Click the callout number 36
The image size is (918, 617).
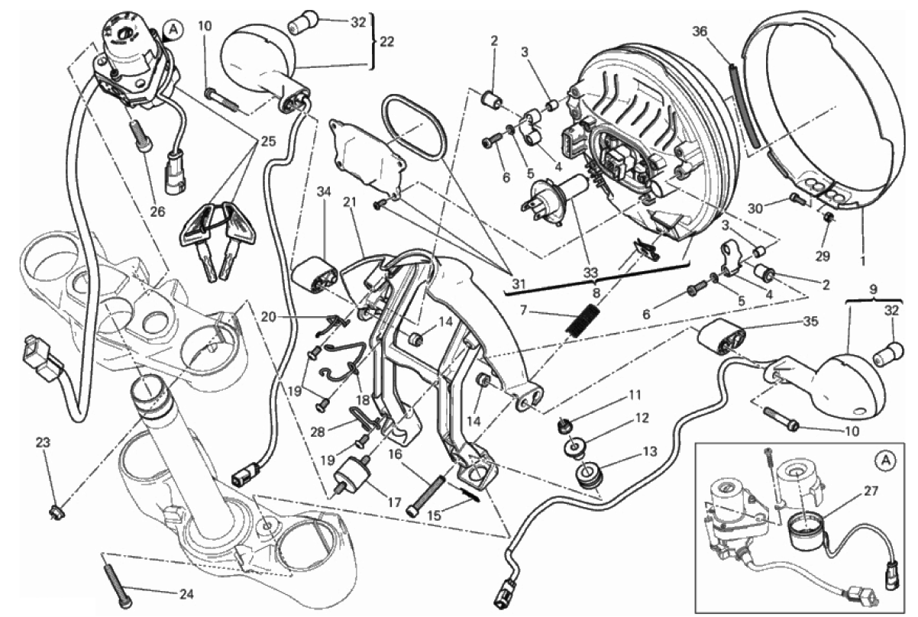pyautogui.click(x=700, y=31)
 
